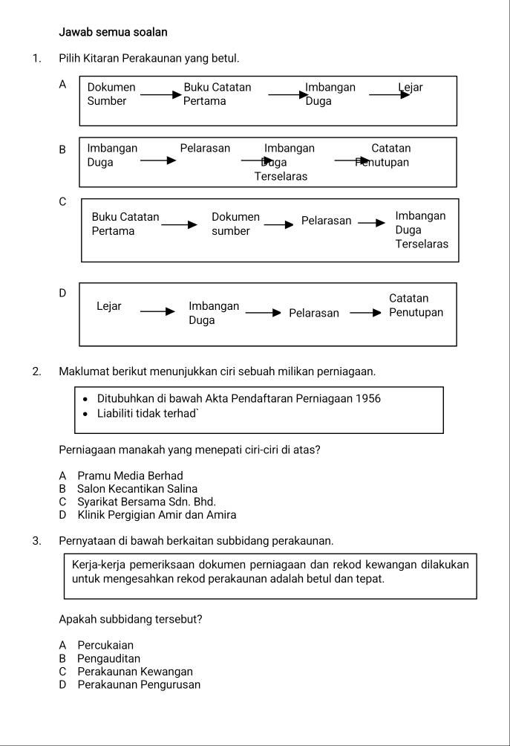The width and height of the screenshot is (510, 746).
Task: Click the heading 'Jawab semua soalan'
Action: click(x=113, y=32)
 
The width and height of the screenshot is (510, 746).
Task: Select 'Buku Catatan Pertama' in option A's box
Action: click(x=217, y=94)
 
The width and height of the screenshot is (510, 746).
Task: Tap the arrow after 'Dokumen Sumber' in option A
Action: click(x=159, y=95)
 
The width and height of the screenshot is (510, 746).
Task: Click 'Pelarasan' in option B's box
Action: click(x=205, y=149)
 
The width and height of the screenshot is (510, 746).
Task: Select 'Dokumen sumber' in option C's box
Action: click(x=235, y=224)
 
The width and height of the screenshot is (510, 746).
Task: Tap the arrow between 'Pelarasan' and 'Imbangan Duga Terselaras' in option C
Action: click(x=372, y=223)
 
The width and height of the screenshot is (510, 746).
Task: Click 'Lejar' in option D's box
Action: click(x=109, y=306)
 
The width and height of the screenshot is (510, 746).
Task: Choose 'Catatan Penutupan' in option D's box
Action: click(x=416, y=305)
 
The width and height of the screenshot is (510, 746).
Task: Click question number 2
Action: click(x=36, y=371)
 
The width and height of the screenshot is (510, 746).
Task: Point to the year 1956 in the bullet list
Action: click(x=368, y=399)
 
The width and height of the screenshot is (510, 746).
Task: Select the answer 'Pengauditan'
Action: click(x=108, y=658)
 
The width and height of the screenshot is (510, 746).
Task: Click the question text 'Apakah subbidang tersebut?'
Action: click(x=131, y=619)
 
